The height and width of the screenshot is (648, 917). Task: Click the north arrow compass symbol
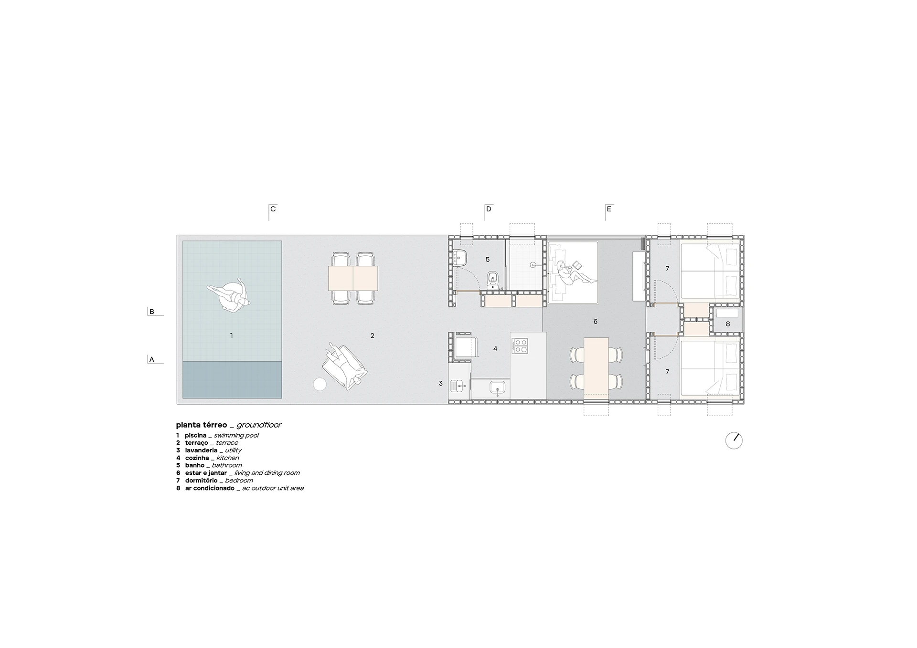click(734, 441)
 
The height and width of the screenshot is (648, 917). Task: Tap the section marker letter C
click(273, 209)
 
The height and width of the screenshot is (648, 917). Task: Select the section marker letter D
click(489, 209)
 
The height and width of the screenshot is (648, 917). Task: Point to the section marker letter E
click(609, 209)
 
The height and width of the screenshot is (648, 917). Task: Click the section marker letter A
click(152, 360)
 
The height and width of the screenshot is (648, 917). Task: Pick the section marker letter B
click(152, 312)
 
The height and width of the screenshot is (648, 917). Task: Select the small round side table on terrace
click(320, 384)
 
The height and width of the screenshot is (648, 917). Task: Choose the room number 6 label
click(595, 322)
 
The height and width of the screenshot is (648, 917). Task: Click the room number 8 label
click(728, 324)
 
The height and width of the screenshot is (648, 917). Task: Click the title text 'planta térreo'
click(202, 425)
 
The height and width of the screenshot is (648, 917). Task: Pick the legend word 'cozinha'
click(197, 458)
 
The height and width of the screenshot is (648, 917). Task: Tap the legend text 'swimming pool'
click(236, 436)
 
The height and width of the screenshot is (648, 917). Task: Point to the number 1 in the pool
click(232, 336)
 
